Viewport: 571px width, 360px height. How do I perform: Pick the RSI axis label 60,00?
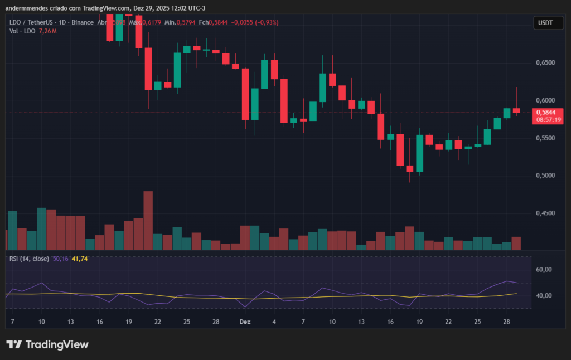click(544, 270)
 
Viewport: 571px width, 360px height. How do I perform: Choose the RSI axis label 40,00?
click(544, 296)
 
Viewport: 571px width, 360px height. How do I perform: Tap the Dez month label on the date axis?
click(244, 322)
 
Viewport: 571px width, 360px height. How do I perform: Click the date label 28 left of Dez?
click(216, 322)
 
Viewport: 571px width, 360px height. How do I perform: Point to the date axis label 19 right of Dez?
click(419, 322)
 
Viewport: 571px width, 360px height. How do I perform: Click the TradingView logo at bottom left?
click(47, 344)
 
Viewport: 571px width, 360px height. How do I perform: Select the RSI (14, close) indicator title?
click(29, 259)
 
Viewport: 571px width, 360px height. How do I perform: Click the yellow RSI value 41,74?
click(80, 259)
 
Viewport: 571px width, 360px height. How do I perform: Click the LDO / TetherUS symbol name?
click(31, 22)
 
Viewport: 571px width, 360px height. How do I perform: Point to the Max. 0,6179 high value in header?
click(144, 22)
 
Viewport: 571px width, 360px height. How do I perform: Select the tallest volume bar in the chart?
click(148, 220)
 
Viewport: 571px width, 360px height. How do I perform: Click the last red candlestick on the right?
click(516, 110)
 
